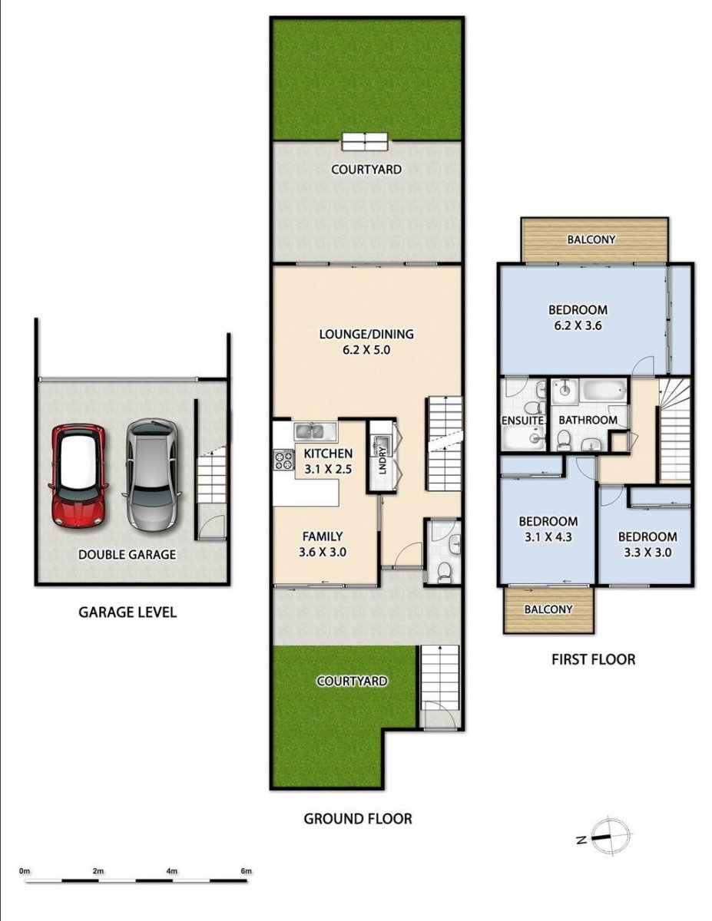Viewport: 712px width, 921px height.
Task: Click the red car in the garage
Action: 78,476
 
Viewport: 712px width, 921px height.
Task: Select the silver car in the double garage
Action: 152,474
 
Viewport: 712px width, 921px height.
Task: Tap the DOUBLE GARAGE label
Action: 127,554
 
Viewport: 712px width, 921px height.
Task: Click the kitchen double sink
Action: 309,431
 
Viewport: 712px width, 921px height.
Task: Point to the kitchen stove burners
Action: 284,460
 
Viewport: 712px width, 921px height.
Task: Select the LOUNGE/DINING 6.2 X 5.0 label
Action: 366,342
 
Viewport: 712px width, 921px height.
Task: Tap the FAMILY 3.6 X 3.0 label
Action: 323,544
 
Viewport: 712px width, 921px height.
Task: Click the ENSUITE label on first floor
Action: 522,421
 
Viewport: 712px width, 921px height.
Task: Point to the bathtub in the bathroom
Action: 604,390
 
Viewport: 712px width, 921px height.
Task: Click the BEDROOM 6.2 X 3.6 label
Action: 578,318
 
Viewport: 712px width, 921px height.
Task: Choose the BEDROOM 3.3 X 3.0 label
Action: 647,544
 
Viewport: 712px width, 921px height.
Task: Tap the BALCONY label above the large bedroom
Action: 591,239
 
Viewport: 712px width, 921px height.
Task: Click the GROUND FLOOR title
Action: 358,818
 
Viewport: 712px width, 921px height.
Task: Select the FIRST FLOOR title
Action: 593,659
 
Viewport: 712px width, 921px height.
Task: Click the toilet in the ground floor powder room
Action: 443,570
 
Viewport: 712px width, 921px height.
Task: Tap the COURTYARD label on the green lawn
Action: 352,681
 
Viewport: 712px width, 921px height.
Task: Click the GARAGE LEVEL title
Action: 127,612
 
